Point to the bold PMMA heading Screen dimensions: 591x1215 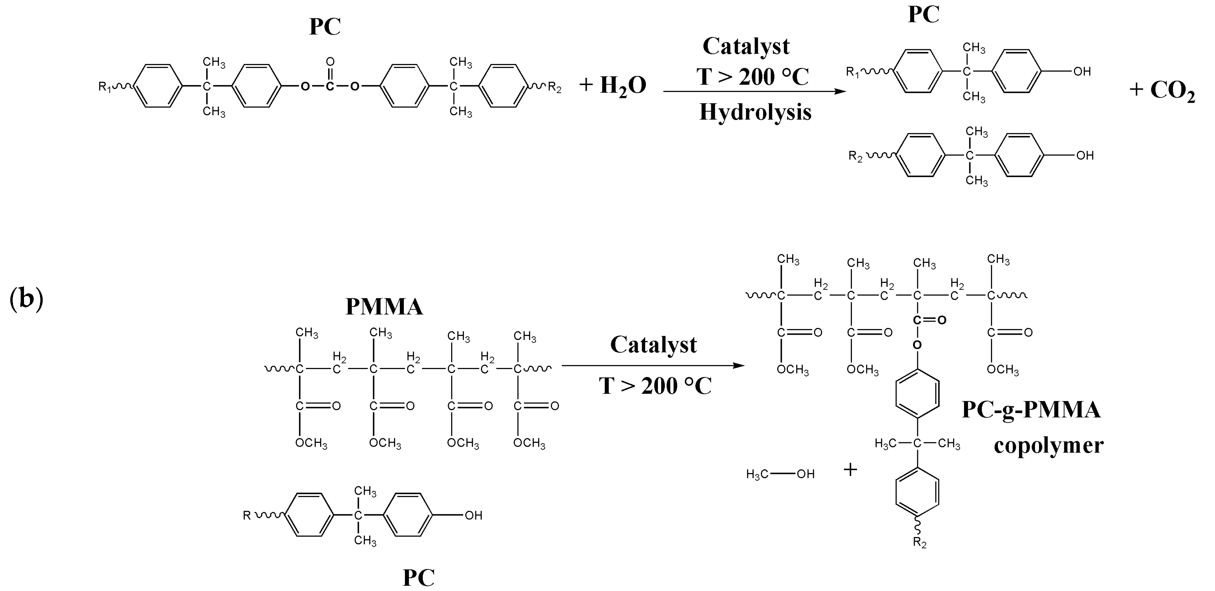(384, 307)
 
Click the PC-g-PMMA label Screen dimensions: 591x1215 (1031, 409)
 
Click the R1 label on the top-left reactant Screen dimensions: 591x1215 (104, 87)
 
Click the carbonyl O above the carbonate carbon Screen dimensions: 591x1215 (330, 61)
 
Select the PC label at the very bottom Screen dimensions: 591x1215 (418, 578)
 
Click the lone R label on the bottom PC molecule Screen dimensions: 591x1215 (247, 516)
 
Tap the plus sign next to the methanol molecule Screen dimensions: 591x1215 (850, 470)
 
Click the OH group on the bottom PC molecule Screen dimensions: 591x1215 (473, 516)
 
